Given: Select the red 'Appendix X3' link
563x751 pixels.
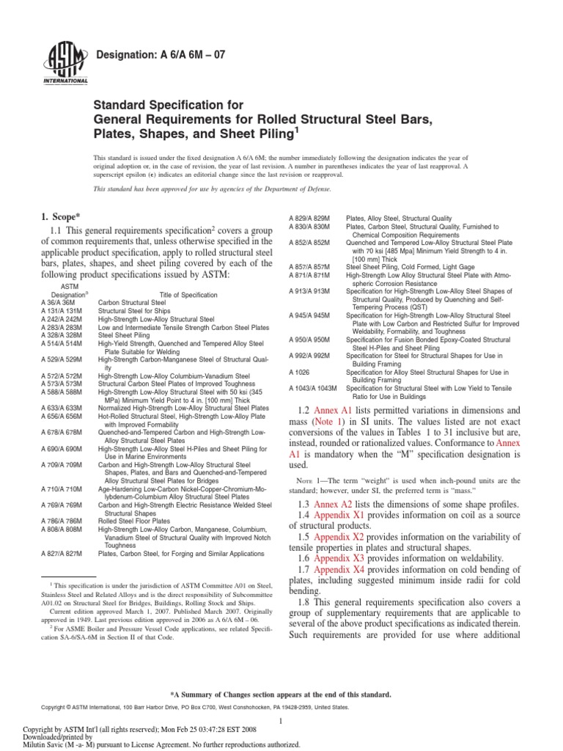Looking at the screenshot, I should coord(344,558).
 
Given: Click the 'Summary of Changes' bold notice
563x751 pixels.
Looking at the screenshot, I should coord(282,694).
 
